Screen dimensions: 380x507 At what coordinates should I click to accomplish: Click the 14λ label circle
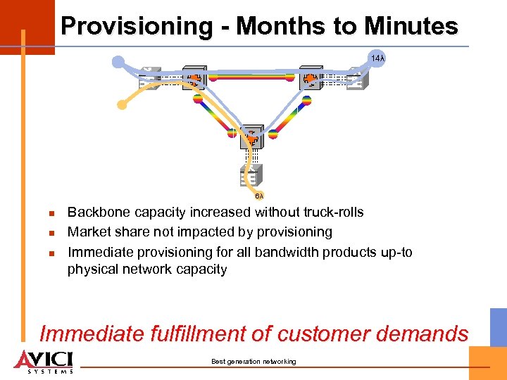pos(377,58)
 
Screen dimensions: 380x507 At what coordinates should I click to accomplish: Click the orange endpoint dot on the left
pos(122,106)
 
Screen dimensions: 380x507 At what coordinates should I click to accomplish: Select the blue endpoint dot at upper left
pos(118,61)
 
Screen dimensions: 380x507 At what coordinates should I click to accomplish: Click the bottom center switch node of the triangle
pos(251,139)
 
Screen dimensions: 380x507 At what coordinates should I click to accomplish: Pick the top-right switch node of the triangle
pos(311,78)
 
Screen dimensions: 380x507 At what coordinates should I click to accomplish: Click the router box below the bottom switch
pos(250,175)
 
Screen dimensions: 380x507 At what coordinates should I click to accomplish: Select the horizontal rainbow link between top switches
pos(251,77)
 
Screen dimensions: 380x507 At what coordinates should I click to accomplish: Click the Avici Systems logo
pos(44,360)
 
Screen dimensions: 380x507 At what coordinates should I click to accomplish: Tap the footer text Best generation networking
pos(254,362)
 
